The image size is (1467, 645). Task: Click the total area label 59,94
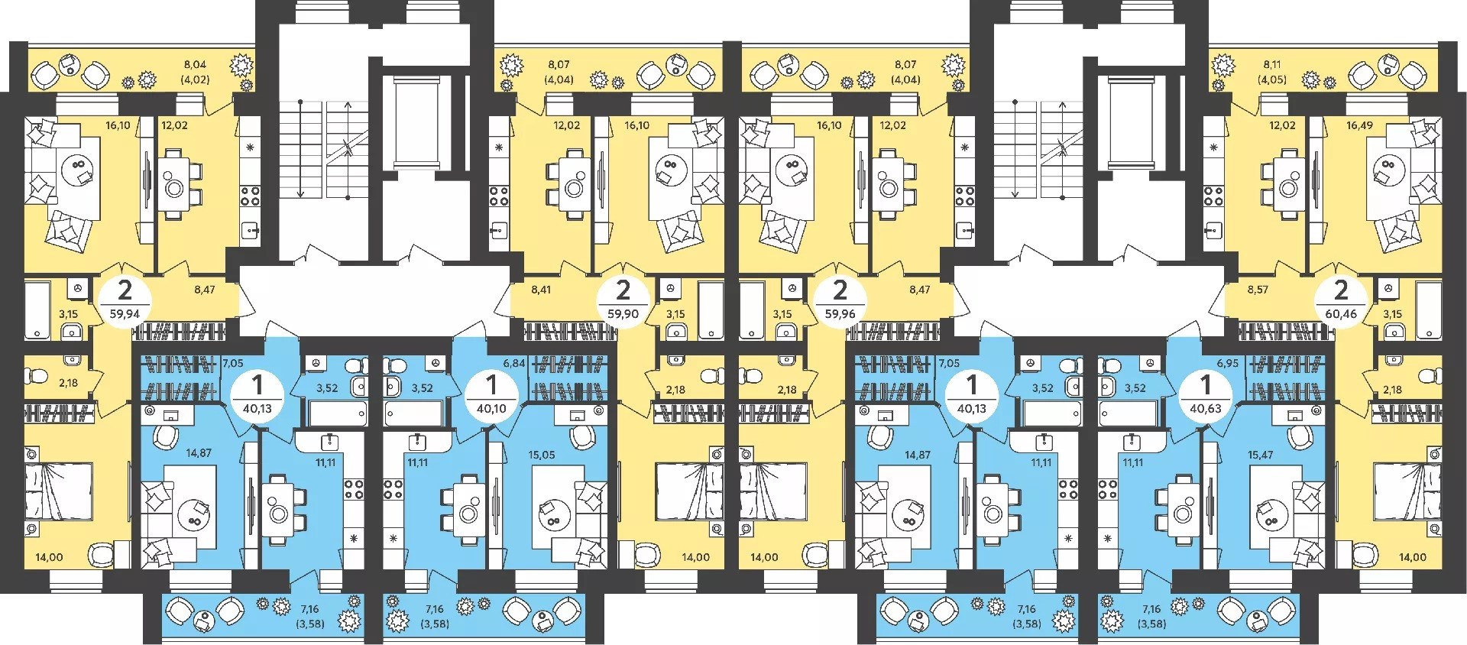pyautogui.click(x=125, y=314)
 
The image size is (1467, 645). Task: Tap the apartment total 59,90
pyautogui.click(x=623, y=314)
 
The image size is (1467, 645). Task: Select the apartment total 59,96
pyautogui.click(x=840, y=314)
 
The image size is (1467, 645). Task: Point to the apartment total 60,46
pyautogui.click(x=1341, y=314)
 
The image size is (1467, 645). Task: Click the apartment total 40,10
pyautogui.click(x=491, y=409)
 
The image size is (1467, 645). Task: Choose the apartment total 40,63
pyautogui.click(x=1205, y=409)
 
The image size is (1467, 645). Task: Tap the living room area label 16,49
pyautogui.click(x=1359, y=125)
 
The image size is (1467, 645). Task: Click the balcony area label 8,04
pyautogui.click(x=195, y=65)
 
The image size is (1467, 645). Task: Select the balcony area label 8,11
pyautogui.click(x=1272, y=65)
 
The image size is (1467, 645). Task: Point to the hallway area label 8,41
pyautogui.click(x=541, y=290)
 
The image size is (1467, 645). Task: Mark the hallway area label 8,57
pyautogui.click(x=1258, y=290)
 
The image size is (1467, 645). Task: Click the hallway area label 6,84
pyautogui.click(x=514, y=363)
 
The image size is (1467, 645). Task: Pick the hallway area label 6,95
pyautogui.click(x=1227, y=363)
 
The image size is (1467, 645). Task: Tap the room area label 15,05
pyautogui.click(x=541, y=455)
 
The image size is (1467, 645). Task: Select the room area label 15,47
pyautogui.click(x=1260, y=455)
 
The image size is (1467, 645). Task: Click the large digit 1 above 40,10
pyautogui.click(x=491, y=384)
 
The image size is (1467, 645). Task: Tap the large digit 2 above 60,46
pyautogui.click(x=1341, y=290)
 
